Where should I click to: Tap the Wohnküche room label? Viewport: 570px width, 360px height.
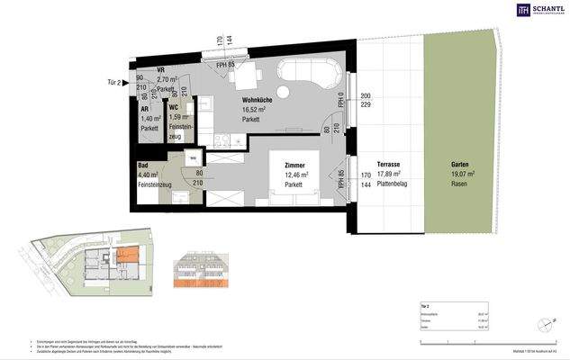pyautogui.click(x=258, y=101)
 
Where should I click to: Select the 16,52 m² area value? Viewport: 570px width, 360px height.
pyautogui.click(x=256, y=111)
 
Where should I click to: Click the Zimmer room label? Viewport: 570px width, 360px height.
pyautogui.click(x=294, y=166)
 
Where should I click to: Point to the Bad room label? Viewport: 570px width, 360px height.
pyautogui.click(x=143, y=166)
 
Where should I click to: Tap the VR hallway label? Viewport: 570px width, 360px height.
pyautogui.click(x=160, y=69)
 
